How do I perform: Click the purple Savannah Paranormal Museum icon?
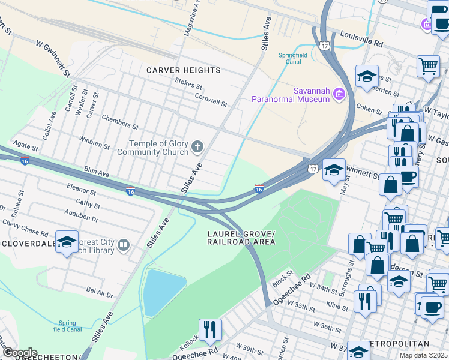tap(339, 94)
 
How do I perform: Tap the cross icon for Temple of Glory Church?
tap(197, 146)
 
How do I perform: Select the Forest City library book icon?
tap(124, 245)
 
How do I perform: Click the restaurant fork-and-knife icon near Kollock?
tap(210, 329)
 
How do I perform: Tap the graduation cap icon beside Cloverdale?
tap(67, 242)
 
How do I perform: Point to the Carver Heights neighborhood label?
tap(184, 70)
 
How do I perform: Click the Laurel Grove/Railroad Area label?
tap(241, 238)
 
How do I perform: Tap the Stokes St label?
tap(188, 81)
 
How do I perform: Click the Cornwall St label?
tap(210, 98)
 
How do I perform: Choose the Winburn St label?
tap(95, 142)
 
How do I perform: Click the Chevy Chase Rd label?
tap(25, 228)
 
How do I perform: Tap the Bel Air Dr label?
tap(100, 292)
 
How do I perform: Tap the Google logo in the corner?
tap(19, 353)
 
